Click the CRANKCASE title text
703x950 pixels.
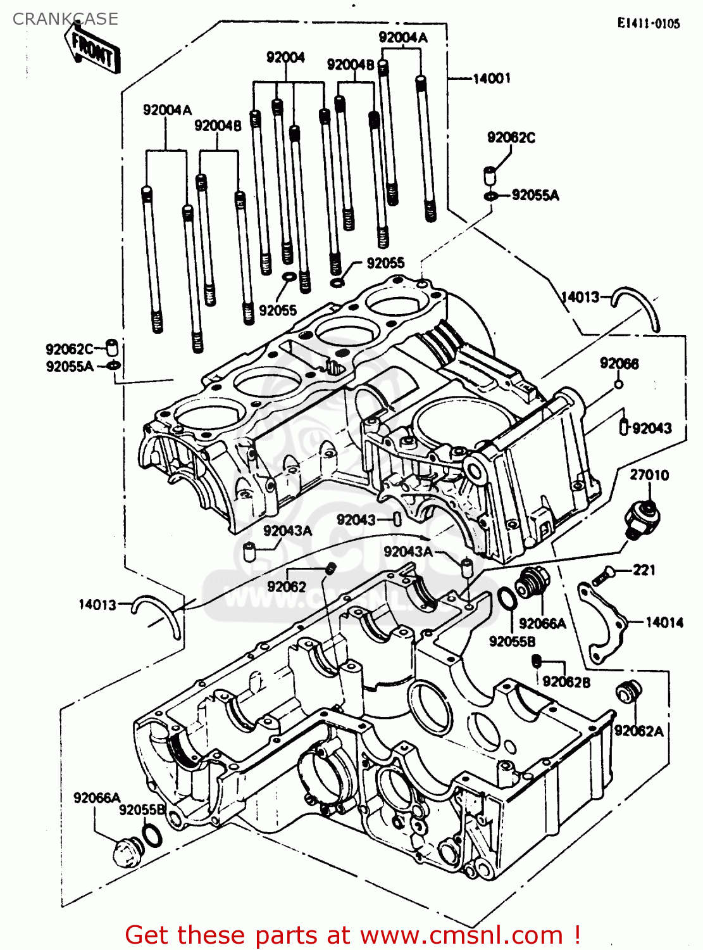point(65,19)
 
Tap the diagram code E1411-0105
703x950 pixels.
point(649,23)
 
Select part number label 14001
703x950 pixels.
point(492,79)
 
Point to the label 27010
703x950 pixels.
point(649,475)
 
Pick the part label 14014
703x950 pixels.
point(664,623)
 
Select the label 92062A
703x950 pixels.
point(638,731)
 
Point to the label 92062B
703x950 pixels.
point(566,681)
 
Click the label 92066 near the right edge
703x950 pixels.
point(619,364)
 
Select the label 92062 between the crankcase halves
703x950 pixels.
point(286,586)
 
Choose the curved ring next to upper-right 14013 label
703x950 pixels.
point(639,307)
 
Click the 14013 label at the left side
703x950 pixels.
point(97,605)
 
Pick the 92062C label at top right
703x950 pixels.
point(511,137)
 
